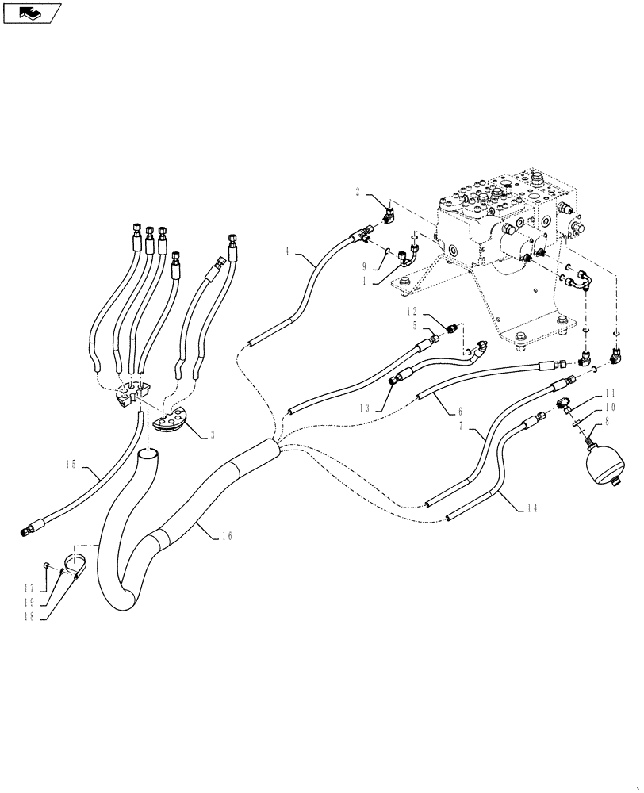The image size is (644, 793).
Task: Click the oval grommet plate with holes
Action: pyautogui.click(x=167, y=419)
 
